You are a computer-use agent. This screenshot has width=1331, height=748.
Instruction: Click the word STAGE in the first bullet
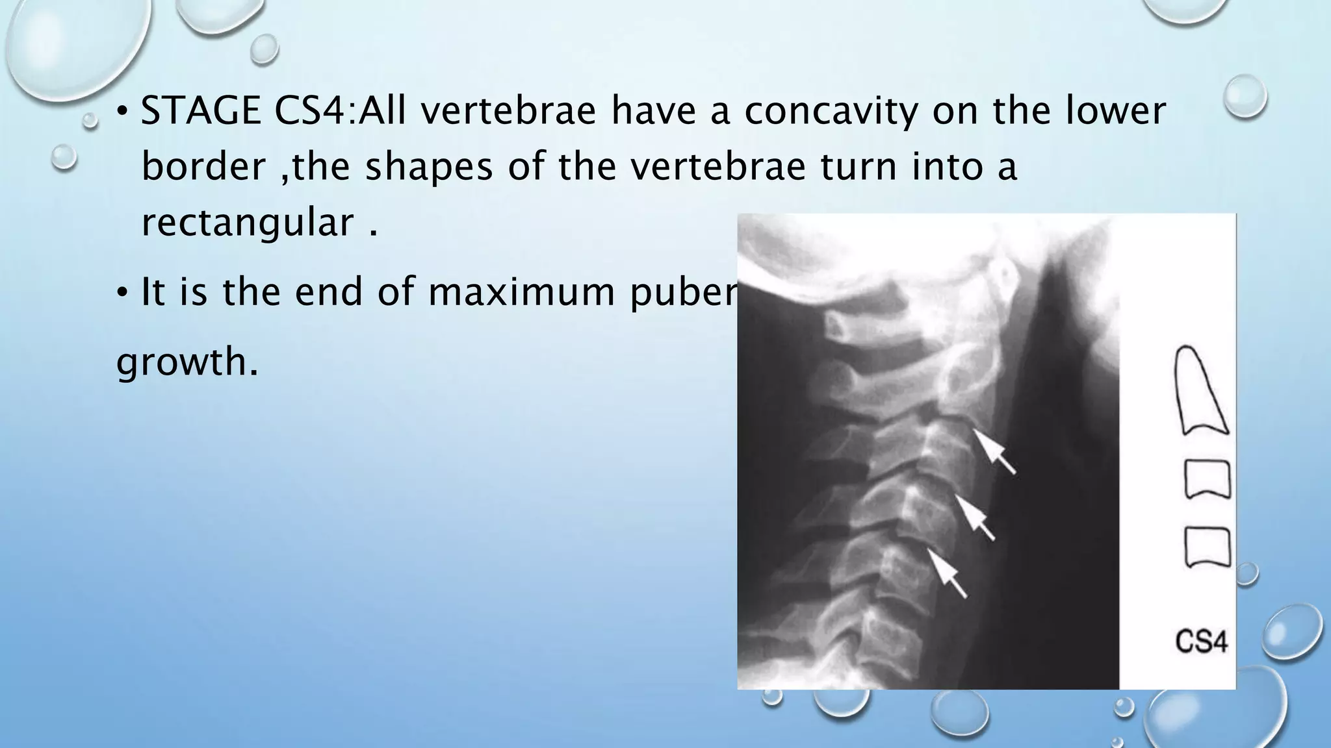[x=201, y=111]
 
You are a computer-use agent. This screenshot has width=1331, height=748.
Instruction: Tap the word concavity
[x=831, y=111]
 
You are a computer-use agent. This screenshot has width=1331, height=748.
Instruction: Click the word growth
[x=187, y=361]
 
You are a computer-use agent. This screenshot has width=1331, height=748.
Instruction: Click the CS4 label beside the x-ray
[x=1201, y=643]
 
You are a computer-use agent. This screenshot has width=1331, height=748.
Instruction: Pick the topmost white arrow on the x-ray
[x=994, y=452]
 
